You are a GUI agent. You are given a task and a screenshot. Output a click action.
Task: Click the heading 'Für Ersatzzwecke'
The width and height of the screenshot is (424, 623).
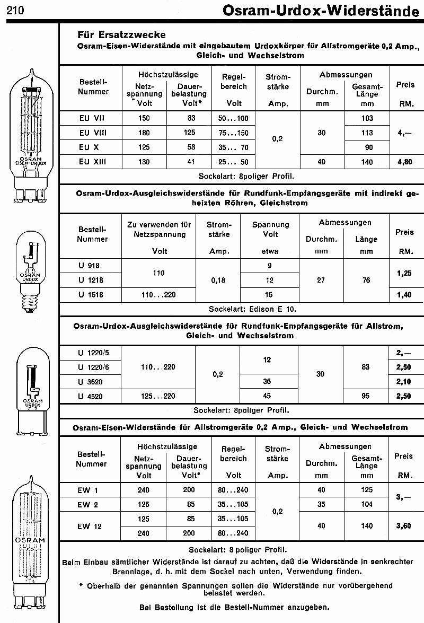(121, 35)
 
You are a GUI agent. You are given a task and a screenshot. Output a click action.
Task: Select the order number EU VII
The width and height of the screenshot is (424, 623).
(92, 118)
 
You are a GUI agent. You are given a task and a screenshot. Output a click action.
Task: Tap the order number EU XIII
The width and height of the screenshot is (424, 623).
(92, 162)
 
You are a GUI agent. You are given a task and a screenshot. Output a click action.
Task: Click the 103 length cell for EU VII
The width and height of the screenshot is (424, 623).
(367, 118)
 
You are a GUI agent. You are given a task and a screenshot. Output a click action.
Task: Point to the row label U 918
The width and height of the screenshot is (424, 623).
(89, 266)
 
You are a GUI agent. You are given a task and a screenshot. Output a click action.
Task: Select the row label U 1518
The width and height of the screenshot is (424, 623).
(90, 295)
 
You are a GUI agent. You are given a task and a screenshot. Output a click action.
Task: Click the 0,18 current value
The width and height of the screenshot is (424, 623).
(218, 280)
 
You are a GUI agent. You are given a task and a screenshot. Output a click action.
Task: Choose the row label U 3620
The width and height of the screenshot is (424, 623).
(90, 381)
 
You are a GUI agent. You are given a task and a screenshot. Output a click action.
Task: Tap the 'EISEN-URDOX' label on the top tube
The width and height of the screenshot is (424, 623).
(31, 164)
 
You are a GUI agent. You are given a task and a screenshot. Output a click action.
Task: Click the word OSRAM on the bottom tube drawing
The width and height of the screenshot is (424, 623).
(32, 540)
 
